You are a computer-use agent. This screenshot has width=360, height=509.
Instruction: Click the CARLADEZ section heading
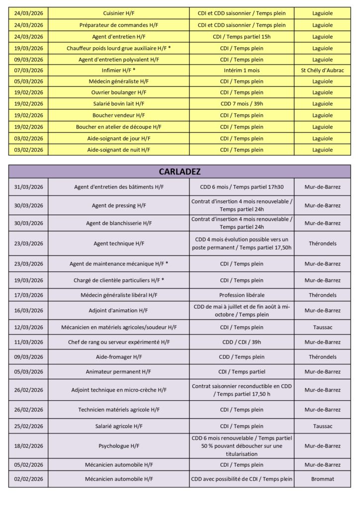pos(180,171)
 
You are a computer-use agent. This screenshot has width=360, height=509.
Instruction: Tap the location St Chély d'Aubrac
pos(323,71)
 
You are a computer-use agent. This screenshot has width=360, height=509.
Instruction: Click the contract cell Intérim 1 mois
pos(242,71)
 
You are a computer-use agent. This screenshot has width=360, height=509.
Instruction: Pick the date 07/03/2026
pos(29,71)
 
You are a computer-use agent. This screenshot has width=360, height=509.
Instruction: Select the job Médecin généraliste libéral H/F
pos(119,295)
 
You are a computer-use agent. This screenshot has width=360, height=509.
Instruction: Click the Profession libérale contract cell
pos(242,295)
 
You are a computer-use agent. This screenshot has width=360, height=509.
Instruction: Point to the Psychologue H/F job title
pos(119,446)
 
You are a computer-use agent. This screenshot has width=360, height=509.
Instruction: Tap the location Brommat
pos(323,479)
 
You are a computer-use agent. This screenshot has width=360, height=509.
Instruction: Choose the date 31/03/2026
pos(29,187)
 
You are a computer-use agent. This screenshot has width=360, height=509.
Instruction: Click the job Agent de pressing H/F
pos(119,205)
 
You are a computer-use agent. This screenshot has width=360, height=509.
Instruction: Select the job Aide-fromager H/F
pos(119,357)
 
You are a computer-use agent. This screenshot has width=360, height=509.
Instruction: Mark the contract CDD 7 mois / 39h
pos(242,104)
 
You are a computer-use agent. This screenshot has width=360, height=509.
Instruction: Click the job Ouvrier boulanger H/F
pos(119,93)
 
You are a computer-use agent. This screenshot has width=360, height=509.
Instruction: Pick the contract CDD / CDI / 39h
pos(242,342)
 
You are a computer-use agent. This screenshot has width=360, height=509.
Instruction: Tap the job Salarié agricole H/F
pos(119,426)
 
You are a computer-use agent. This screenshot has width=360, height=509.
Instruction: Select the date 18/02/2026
pos(29,446)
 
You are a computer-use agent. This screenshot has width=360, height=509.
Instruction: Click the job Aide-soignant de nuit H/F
pos(119,150)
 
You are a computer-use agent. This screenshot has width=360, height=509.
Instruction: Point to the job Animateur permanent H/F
pos(119,372)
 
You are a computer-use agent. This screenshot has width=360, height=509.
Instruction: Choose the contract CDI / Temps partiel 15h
pos(242,36)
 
